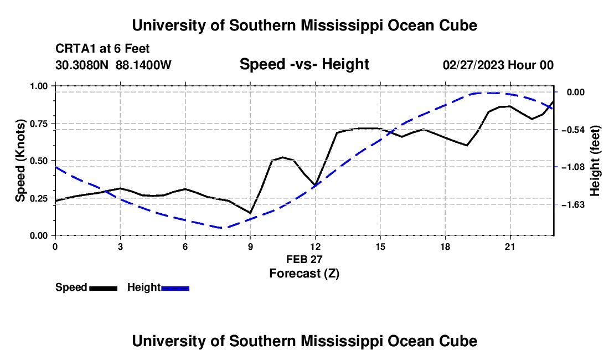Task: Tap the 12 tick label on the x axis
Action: click(x=316, y=246)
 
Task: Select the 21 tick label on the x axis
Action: click(x=510, y=246)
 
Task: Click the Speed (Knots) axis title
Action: click(x=20, y=161)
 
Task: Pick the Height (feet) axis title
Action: click(x=595, y=161)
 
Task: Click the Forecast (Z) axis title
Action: click(x=304, y=274)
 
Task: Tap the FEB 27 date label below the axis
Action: click(x=304, y=259)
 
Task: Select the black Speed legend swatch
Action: click(x=104, y=288)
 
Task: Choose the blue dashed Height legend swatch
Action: click(x=175, y=288)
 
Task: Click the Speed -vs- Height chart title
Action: click(x=304, y=64)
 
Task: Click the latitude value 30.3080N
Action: click(x=82, y=65)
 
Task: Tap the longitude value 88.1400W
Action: click(x=143, y=65)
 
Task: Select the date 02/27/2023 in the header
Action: click(x=473, y=65)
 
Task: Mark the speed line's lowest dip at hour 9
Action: click(x=250, y=213)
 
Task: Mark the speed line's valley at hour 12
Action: click(x=315, y=185)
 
